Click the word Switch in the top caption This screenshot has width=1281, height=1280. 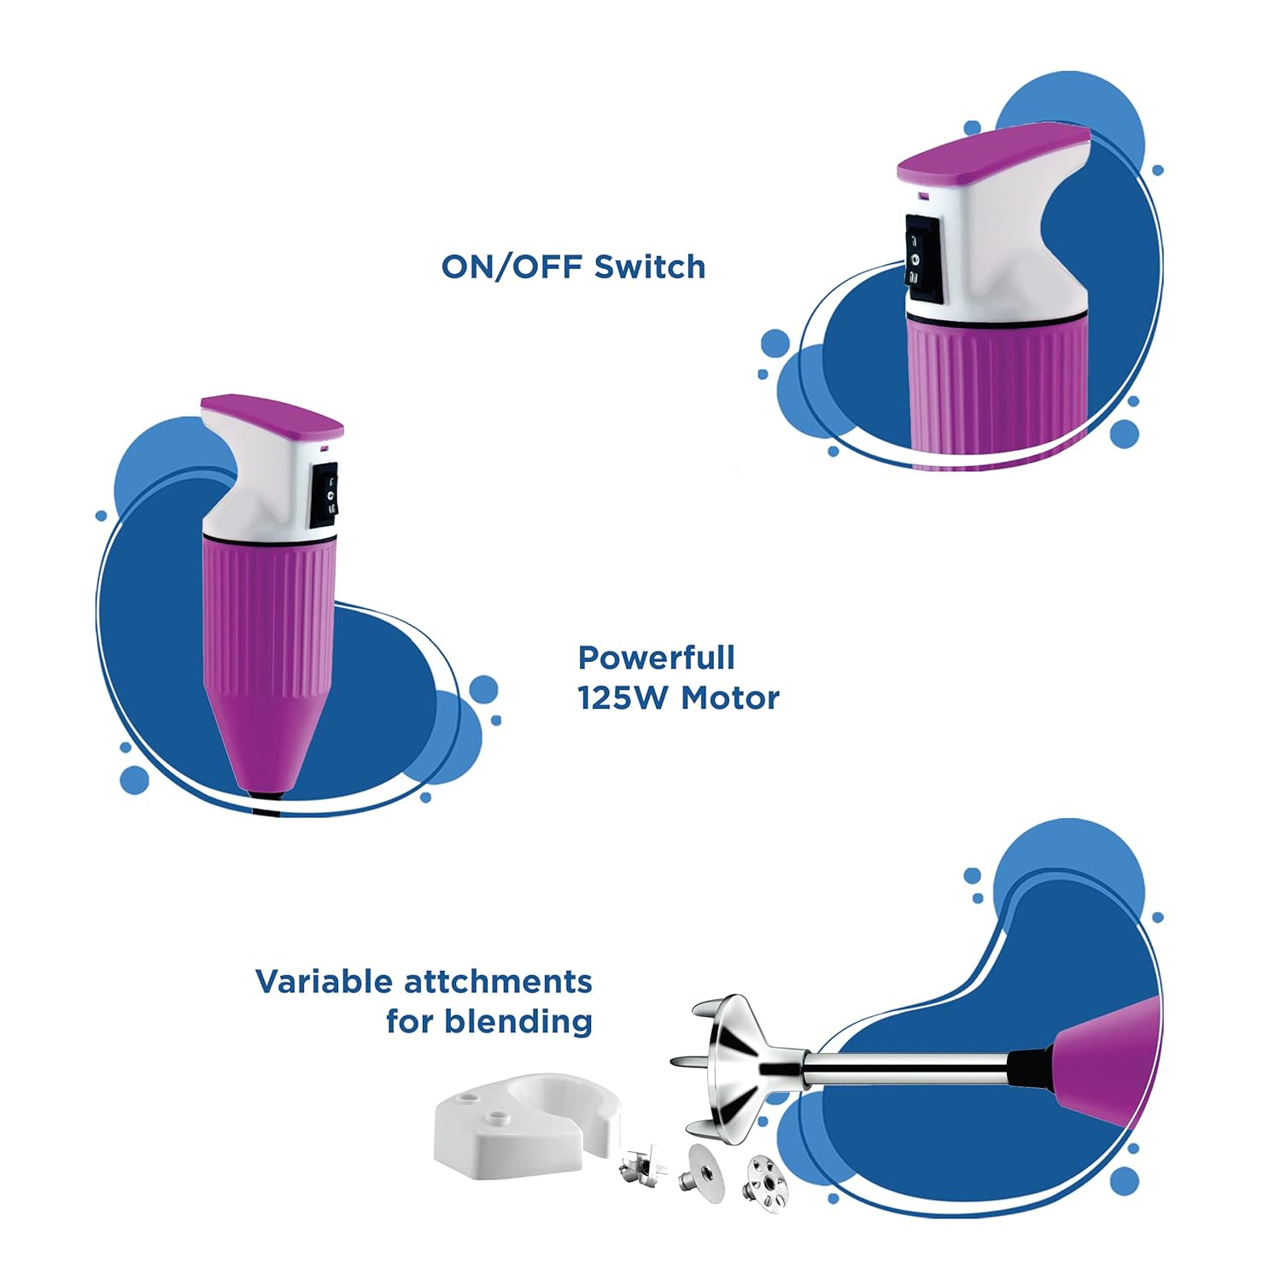650,267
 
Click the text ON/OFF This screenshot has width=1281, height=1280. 512,267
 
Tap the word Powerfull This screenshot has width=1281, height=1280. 656,658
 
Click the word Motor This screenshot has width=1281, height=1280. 730,698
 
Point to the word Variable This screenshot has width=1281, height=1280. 323,982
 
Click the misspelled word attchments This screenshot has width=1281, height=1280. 498,982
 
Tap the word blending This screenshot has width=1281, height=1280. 530,1021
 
